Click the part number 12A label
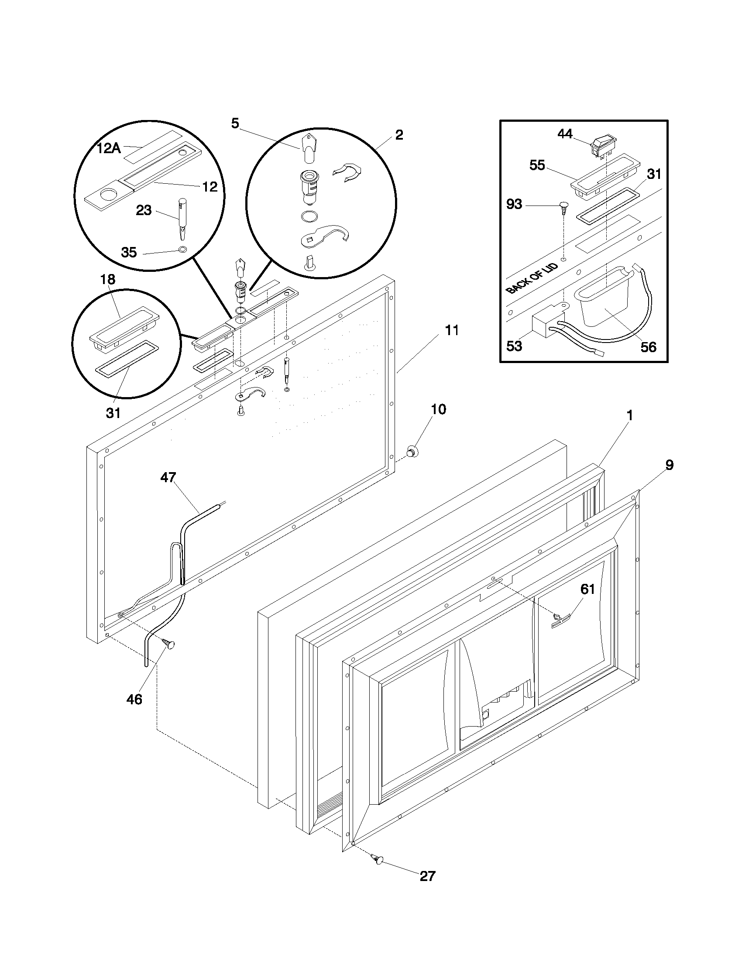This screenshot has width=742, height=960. pyautogui.click(x=109, y=148)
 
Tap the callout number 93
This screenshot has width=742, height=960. pyautogui.click(x=514, y=204)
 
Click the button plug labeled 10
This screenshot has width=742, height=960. pyautogui.click(x=412, y=451)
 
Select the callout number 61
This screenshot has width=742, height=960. pyautogui.click(x=587, y=589)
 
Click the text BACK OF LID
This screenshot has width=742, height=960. pyautogui.click(x=532, y=278)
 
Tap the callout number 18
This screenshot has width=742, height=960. pyautogui.click(x=108, y=279)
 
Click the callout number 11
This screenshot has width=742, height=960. pyautogui.click(x=451, y=330)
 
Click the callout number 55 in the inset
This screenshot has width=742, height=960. pyautogui.click(x=537, y=165)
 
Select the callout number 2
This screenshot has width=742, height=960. pyautogui.click(x=398, y=134)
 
